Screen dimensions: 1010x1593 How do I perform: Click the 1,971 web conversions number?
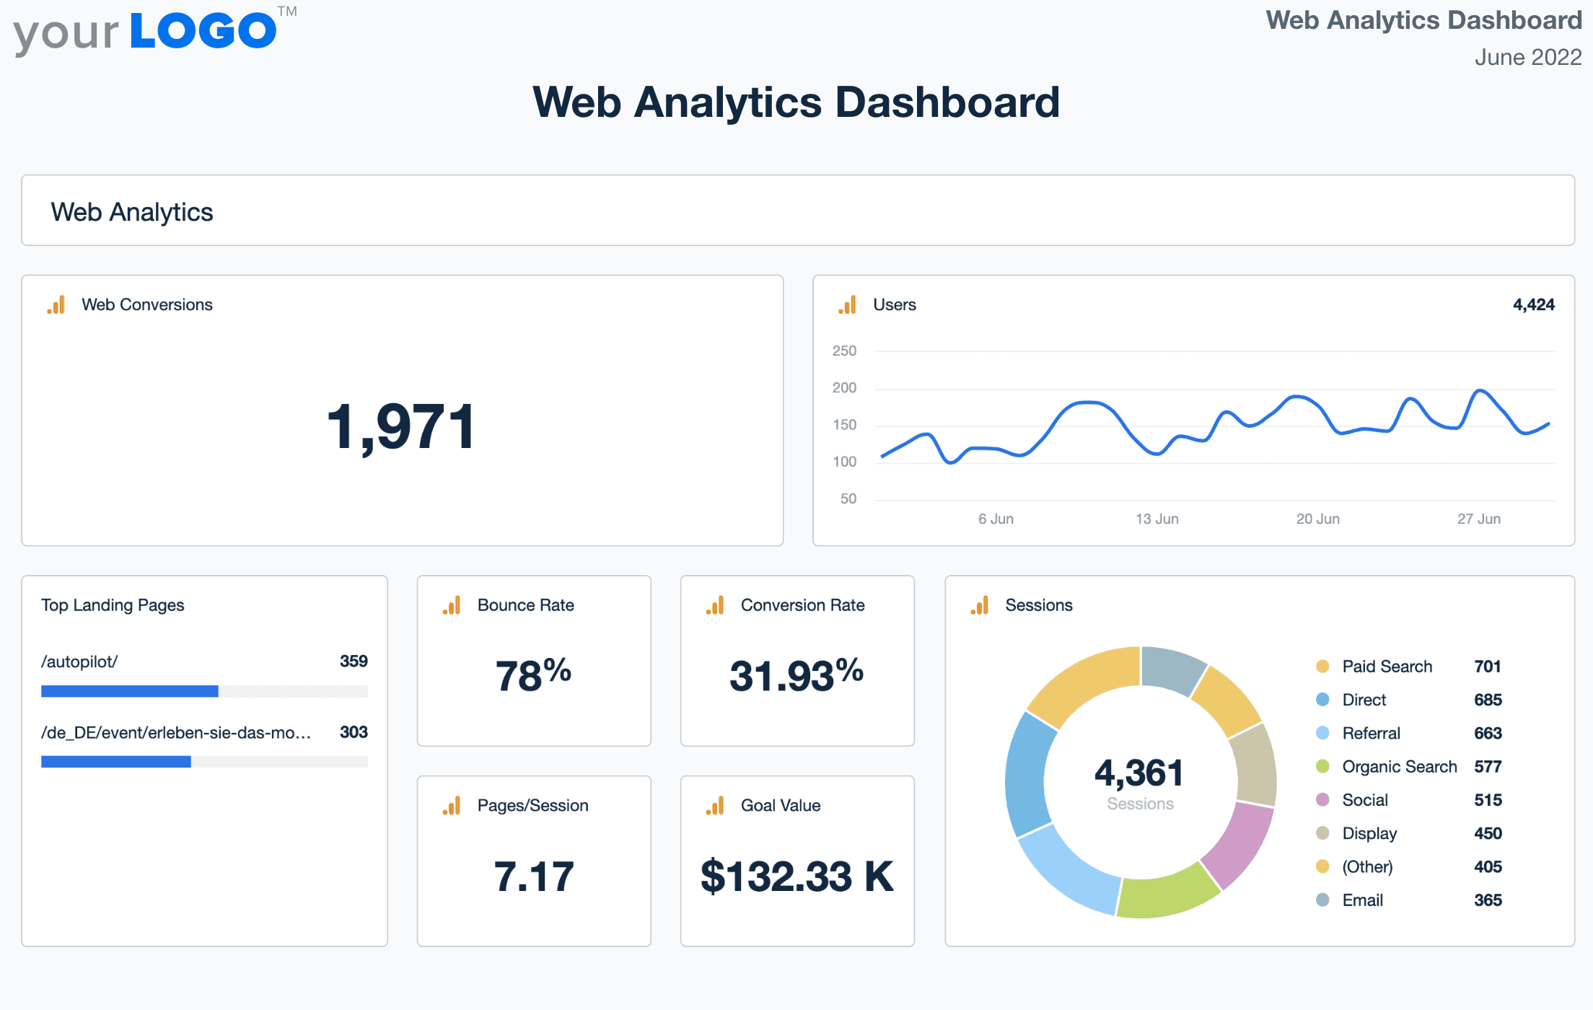tap(401, 427)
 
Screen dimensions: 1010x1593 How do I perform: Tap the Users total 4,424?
tap(1533, 304)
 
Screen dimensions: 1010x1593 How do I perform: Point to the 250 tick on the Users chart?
tap(844, 351)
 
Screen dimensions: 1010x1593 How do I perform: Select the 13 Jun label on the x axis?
tap(1157, 519)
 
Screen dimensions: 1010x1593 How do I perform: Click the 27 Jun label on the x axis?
tap(1478, 519)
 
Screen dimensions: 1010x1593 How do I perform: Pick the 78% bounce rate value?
tap(533, 675)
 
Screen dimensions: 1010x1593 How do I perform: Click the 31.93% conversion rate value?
tap(796, 675)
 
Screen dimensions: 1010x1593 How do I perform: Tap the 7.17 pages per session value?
tap(533, 877)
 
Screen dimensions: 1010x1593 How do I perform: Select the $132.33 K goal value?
tap(796, 877)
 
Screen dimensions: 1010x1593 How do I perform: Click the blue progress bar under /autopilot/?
tap(130, 691)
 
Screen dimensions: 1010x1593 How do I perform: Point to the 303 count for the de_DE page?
tap(354, 732)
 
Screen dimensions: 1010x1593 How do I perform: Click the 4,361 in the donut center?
tap(1139, 773)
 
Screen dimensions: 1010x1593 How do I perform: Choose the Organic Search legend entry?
tap(1399, 767)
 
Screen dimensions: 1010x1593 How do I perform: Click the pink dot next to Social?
tap(1322, 800)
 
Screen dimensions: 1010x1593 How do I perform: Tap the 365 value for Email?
tap(1488, 900)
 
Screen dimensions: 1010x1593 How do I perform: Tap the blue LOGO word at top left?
tap(203, 32)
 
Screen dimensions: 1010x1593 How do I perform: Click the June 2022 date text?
tap(1527, 57)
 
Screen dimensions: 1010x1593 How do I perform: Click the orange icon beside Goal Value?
tap(715, 806)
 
